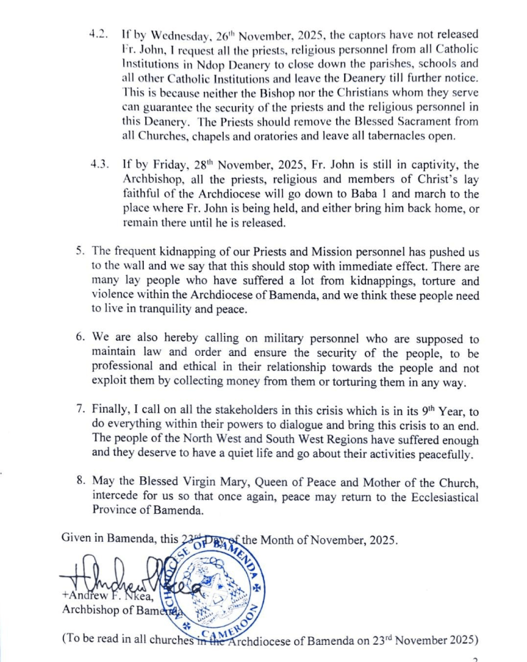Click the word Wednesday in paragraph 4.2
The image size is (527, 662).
coord(170,35)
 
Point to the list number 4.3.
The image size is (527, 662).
coord(99,164)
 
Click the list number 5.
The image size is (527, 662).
coord(80,252)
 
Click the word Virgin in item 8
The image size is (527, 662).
coord(199,480)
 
